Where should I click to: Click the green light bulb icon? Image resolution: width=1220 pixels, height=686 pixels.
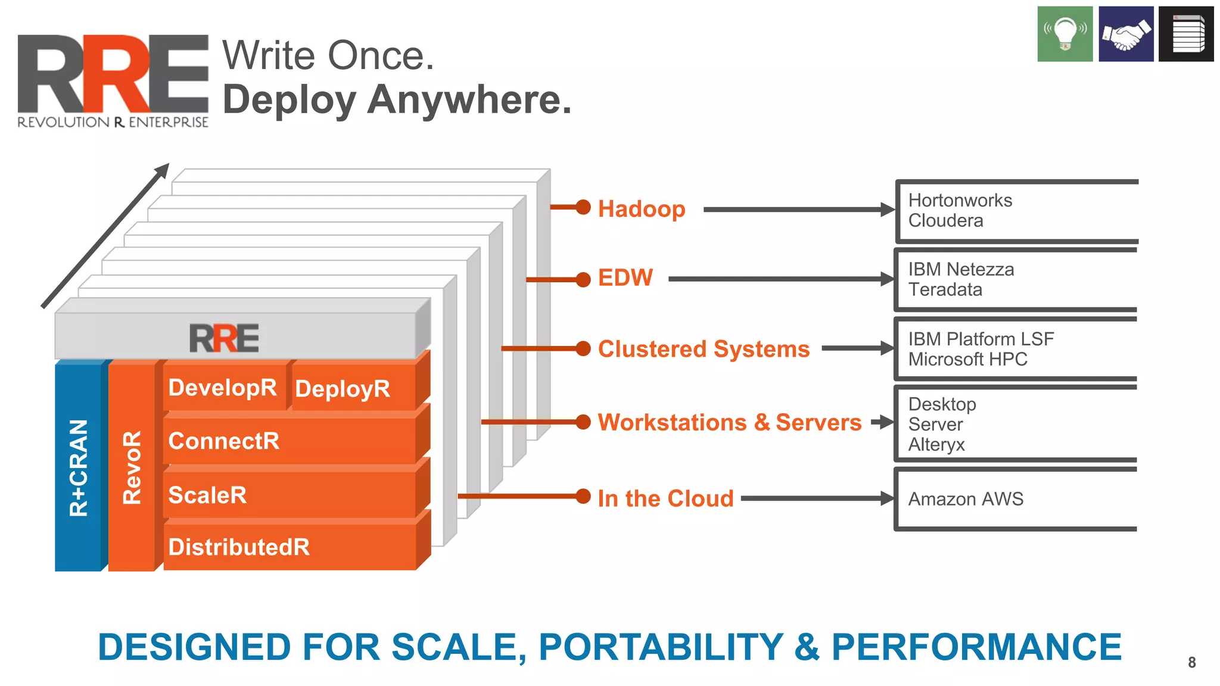pyautogui.click(x=1065, y=34)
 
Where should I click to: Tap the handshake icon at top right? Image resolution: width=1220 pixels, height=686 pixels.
pyautogui.click(x=1126, y=34)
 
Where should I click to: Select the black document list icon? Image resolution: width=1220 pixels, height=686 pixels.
pyautogui.click(x=1186, y=34)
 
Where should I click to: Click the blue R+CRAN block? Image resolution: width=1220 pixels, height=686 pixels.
pyautogui.click(x=79, y=467)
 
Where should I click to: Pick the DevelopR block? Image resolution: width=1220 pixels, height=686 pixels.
pyautogui.click(x=223, y=388)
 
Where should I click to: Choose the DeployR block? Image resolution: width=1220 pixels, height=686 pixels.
pyautogui.click(x=343, y=389)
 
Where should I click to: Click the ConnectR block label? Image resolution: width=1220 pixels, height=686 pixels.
pyautogui.click(x=224, y=441)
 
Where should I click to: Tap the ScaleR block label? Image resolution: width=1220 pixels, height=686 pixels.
pyautogui.click(x=207, y=495)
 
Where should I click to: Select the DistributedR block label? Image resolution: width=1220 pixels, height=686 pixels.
pyautogui.click(x=239, y=547)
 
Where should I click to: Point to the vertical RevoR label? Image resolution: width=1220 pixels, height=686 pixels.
pyautogui.click(x=132, y=467)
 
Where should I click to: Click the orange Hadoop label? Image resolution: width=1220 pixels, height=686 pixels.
pyautogui.click(x=642, y=209)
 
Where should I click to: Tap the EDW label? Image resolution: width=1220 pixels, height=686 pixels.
pyautogui.click(x=625, y=278)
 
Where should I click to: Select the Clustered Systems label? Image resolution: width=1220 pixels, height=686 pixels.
pyautogui.click(x=704, y=349)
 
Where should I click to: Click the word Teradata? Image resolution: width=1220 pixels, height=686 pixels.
pyautogui.click(x=945, y=290)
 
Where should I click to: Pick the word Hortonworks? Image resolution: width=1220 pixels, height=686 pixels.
pyautogui.click(x=960, y=201)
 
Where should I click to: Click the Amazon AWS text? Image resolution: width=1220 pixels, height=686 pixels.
pyautogui.click(x=965, y=498)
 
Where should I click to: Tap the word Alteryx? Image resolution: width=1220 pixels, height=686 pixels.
pyautogui.click(x=936, y=445)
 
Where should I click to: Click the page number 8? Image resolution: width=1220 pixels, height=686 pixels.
pyautogui.click(x=1191, y=662)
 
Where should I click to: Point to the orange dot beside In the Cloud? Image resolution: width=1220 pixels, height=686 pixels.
pyautogui.click(x=583, y=496)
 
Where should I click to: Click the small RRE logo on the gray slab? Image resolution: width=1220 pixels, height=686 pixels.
pyautogui.click(x=224, y=338)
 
